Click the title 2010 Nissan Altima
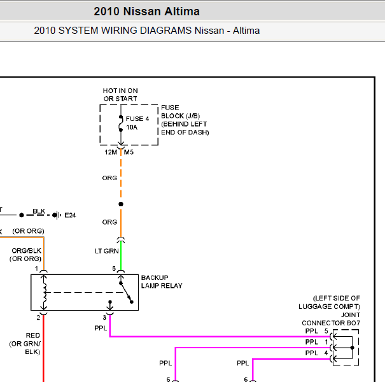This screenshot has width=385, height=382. [x=146, y=11]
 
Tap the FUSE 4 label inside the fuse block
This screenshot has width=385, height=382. [x=137, y=119]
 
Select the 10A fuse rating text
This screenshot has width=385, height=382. [x=132, y=127]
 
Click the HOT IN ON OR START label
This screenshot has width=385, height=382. [x=120, y=95]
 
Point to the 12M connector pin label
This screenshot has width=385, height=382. [x=111, y=152]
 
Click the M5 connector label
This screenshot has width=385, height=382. [x=129, y=152]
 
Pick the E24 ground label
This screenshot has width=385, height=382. [x=70, y=215]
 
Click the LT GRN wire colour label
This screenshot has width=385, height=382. [x=107, y=251]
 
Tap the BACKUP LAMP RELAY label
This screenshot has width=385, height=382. [x=162, y=282]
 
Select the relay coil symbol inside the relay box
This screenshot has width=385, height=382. [x=44, y=293]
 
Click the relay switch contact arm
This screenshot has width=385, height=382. [x=126, y=293]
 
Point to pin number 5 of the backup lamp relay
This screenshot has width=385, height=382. [x=114, y=269]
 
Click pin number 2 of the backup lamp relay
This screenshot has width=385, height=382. [x=38, y=318]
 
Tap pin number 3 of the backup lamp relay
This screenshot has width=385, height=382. [x=104, y=318]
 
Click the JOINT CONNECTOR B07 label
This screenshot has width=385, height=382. [x=331, y=319]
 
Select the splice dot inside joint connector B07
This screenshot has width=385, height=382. [x=353, y=348]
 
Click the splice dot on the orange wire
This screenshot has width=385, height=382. [x=121, y=204]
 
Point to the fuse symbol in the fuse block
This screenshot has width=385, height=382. [x=121, y=124]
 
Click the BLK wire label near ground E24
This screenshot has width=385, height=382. [x=39, y=211]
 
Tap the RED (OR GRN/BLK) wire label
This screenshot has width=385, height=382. [x=25, y=344]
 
